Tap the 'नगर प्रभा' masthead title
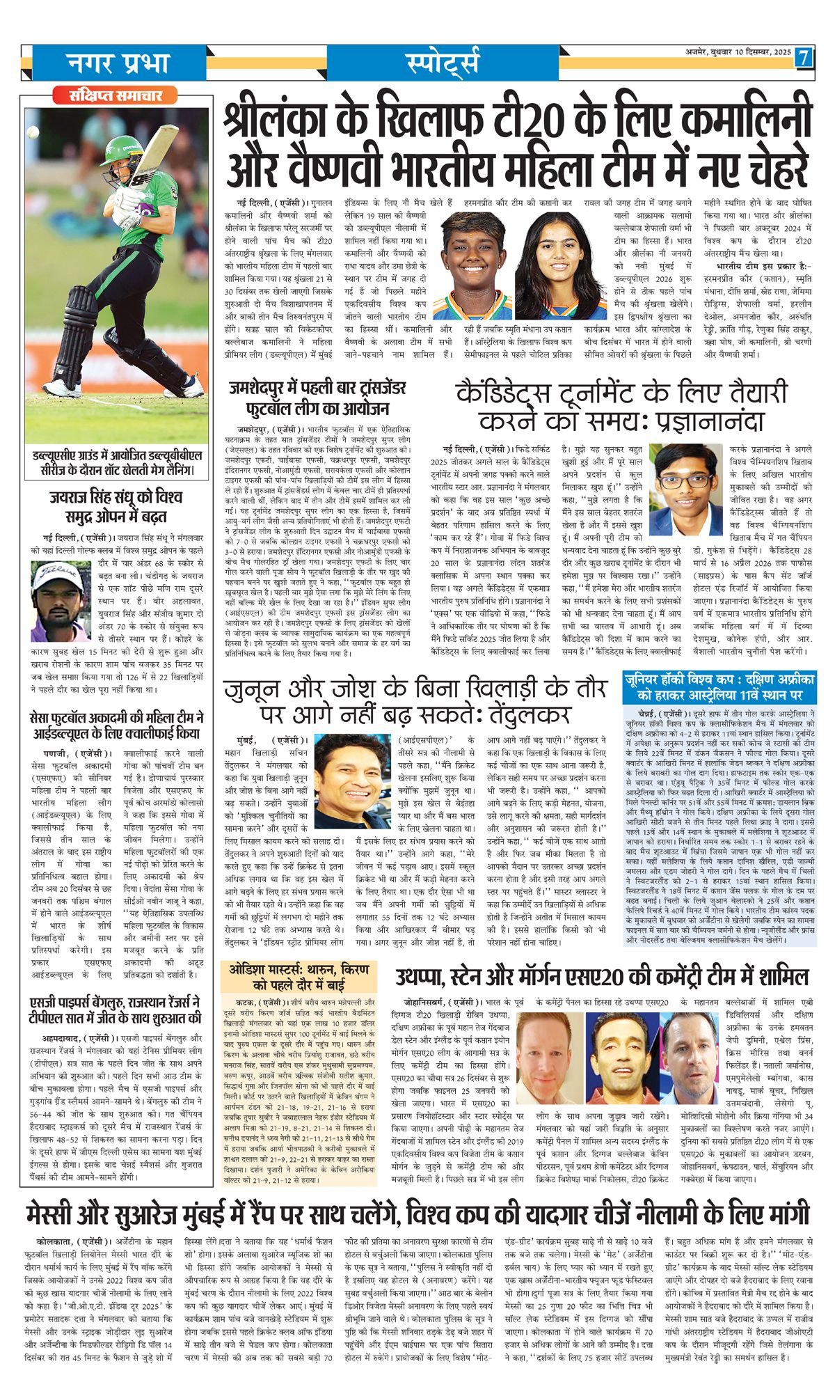(118, 63)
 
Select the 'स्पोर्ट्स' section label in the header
(442, 63)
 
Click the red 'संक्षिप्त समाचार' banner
(116, 95)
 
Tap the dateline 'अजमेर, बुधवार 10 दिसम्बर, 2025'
(736, 53)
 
